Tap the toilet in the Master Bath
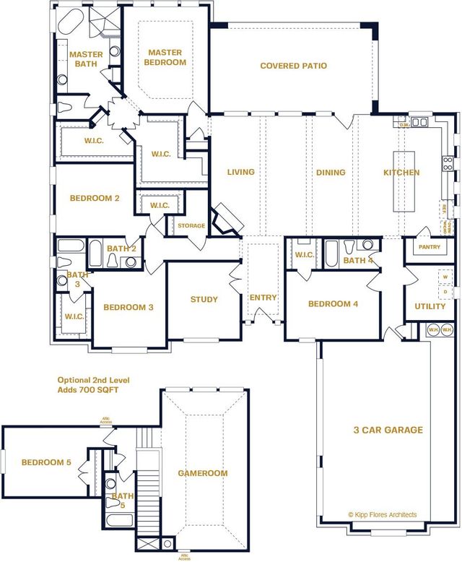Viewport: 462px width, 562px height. pos(64,108)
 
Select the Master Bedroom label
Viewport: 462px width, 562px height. pos(167,57)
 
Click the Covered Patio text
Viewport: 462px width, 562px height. pos(293,66)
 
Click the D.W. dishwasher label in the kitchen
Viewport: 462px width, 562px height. pos(406,124)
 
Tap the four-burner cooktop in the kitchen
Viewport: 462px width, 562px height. pos(448,163)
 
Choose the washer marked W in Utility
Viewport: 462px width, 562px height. pos(445,277)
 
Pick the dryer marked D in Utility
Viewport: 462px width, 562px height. pos(445,291)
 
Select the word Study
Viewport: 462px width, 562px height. pos(204,300)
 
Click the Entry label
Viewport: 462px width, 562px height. pos(263,298)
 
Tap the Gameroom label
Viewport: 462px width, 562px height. pos(203,473)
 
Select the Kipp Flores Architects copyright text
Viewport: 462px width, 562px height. pos(382,514)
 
